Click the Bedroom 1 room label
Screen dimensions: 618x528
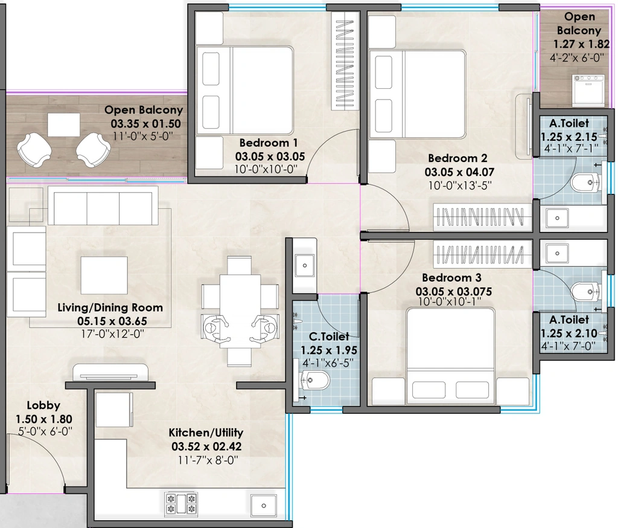pos(269,143)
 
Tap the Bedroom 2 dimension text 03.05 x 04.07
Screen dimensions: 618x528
pos(459,172)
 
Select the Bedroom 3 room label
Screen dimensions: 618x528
pos(451,278)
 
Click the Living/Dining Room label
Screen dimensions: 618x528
pos(110,307)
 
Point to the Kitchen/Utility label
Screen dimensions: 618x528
pos(206,433)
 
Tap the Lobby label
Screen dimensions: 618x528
pos(43,405)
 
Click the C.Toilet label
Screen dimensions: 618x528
pos(329,336)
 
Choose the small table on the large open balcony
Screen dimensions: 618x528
pos(64,124)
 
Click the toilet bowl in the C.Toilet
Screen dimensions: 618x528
pos(315,381)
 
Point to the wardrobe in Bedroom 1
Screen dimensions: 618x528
pos(345,61)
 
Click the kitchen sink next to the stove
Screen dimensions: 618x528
pos(263,506)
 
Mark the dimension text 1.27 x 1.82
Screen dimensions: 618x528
pos(581,44)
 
